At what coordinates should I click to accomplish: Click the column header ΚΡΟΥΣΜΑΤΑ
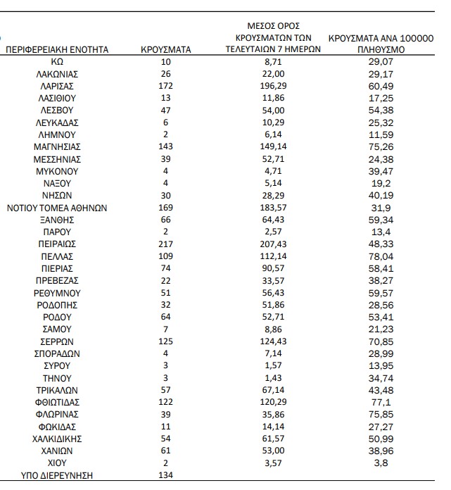click(166, 50)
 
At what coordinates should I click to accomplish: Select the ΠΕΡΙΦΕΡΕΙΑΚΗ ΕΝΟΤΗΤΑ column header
click(58, 50)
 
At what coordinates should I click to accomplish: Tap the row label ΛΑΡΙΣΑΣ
click(58, 87)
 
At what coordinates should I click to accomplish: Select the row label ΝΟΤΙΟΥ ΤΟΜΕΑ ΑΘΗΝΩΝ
click(58, 208)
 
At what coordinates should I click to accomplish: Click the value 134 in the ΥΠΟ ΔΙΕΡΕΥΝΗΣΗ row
click(166, 475)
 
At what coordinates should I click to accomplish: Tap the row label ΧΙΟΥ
click(58, 463)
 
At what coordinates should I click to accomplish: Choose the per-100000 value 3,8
click(381, 463)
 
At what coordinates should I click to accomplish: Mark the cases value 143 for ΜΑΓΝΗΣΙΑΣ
click(166, 147)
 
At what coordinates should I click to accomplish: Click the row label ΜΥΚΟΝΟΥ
click(58, 171)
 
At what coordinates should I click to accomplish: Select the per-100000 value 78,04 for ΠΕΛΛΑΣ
click(381, 256)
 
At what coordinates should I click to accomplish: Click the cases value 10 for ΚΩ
click(166, 62)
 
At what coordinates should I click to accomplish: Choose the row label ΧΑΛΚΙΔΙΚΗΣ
click(58, 439)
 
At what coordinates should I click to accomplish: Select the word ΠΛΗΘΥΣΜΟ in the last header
click(381, 50)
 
